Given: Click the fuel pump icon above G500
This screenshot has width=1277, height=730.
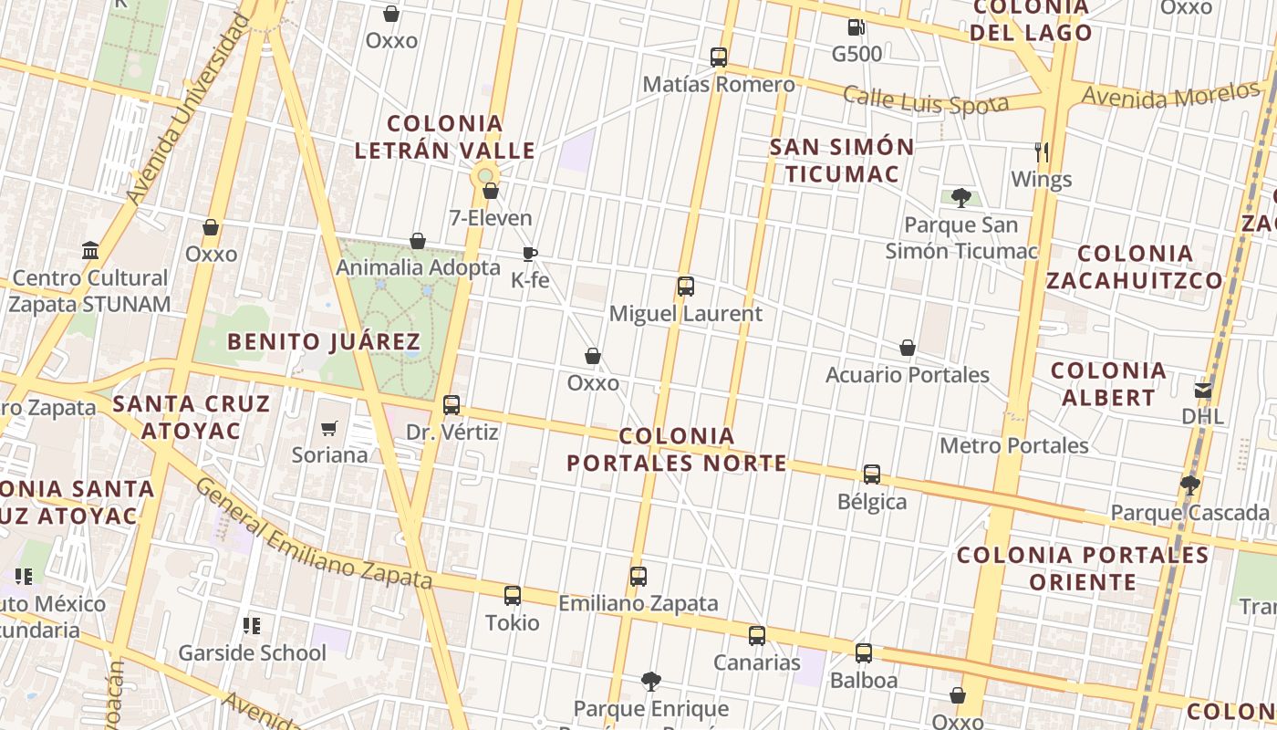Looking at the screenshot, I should (855, 27).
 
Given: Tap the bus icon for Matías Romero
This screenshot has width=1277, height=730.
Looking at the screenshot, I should (719, 57).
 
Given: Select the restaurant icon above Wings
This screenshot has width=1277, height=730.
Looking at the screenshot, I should (1042, 151).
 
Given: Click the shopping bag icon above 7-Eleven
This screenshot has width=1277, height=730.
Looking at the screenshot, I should (491, 191).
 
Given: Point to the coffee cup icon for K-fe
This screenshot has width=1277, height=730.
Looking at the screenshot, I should (530, 254).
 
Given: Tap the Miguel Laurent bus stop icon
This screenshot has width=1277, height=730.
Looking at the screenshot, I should (686, 287).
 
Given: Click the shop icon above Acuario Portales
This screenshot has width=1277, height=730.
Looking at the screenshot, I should (908, 348).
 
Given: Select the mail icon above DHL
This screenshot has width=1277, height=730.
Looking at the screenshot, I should (1202, 390).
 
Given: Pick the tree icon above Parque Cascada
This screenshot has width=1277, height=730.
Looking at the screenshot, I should (1189, 485).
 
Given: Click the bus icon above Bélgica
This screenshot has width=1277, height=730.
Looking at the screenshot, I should (872, 474).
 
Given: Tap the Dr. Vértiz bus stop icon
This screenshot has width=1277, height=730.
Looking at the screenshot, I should (452, 405).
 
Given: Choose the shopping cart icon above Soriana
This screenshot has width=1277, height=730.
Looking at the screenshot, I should (329, 428).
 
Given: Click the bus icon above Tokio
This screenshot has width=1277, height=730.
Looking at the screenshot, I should (513, 596).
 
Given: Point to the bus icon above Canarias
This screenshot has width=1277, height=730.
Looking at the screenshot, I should (757, 636).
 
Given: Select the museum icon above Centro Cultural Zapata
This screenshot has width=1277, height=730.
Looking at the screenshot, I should (90, 250).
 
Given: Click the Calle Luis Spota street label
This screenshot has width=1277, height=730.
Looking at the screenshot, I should (925, 100).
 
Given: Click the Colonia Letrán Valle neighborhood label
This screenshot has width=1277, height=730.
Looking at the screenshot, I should (445, 137).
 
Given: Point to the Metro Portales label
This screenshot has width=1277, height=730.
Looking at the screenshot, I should (1014, 445).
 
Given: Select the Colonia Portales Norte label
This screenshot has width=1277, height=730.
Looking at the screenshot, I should (677, 449).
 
